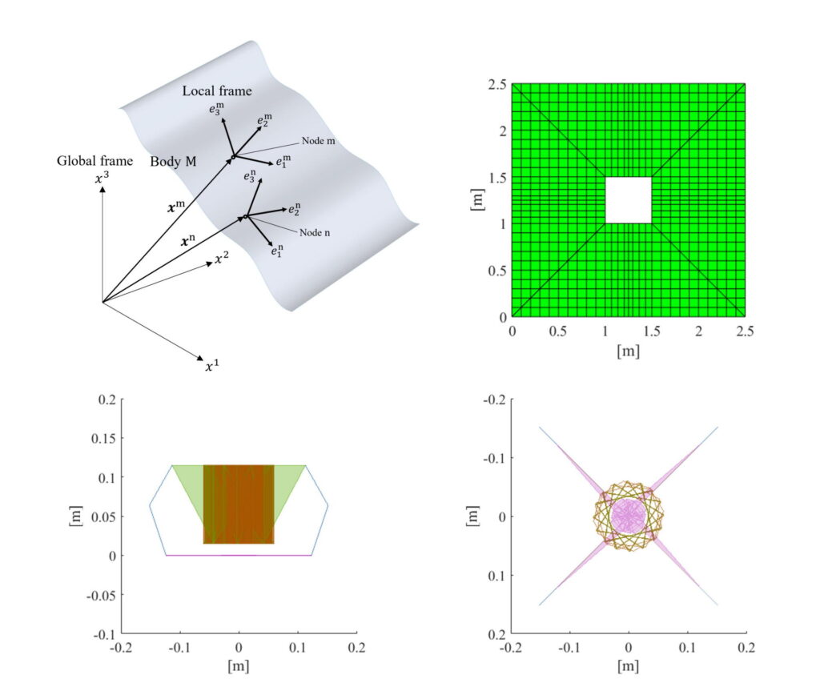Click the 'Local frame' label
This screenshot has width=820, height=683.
pyautogui.click(x=217, y=90)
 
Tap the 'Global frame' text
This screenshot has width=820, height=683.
pyautogui.click(x=94, y=160)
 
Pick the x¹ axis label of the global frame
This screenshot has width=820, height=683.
pyautogui.click(x=211, y=367)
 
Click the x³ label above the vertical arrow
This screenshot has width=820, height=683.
pyautogui.click(x=102, y=179)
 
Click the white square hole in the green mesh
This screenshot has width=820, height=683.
pyautogui.click(x=628, y=200)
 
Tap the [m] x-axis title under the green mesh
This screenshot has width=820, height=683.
pyautogui.click(x=628, y=351)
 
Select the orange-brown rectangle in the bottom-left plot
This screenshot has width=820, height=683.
pyautogui.click(x=239, y=504)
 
